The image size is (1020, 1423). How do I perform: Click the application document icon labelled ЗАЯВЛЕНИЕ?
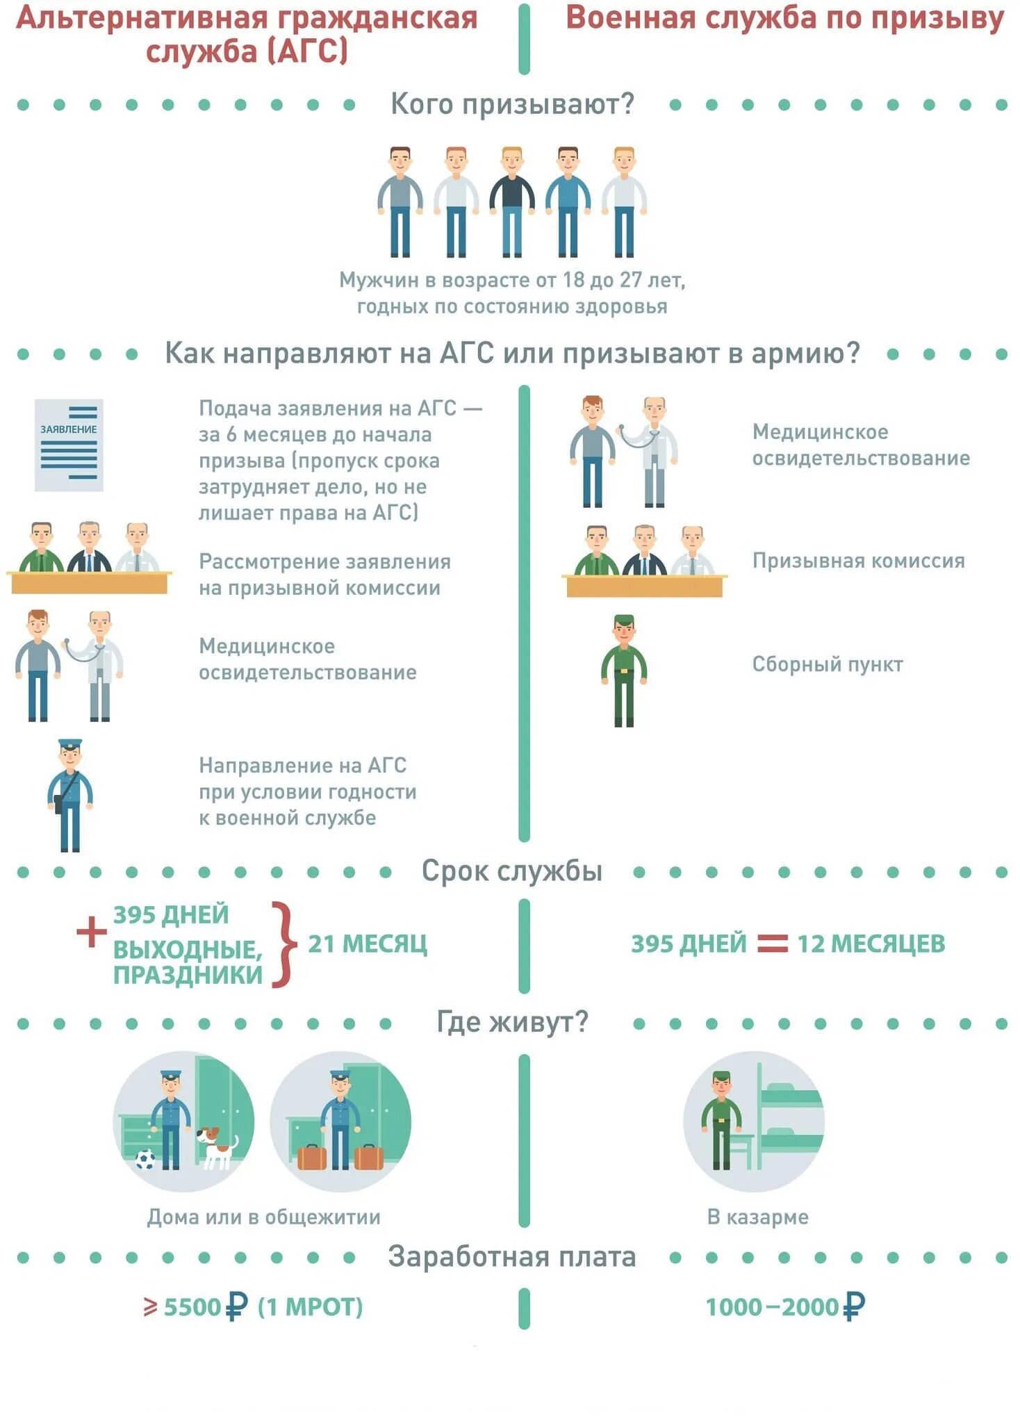69,445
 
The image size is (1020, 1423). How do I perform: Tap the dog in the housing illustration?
216,1147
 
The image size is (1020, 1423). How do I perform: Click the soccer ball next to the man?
145,1158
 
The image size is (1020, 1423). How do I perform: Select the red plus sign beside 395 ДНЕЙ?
91,932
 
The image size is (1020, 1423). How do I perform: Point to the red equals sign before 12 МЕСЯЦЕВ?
772,943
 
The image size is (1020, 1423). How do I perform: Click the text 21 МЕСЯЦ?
368,944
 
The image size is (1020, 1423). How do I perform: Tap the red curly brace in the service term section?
282,944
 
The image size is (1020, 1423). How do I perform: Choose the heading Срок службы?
511,871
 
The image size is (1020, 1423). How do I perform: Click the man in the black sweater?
511,201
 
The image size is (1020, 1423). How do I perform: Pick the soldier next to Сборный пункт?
624,671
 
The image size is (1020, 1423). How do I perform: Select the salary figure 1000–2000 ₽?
785,1307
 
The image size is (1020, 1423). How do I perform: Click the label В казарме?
757,1217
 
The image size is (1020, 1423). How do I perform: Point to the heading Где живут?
512,1022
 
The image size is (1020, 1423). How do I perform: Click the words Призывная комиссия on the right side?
858,561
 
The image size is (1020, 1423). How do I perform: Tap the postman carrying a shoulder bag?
69,796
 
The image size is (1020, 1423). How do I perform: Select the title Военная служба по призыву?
784,19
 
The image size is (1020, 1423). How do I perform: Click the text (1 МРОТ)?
310,1307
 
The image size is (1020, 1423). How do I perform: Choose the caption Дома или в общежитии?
263,1217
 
